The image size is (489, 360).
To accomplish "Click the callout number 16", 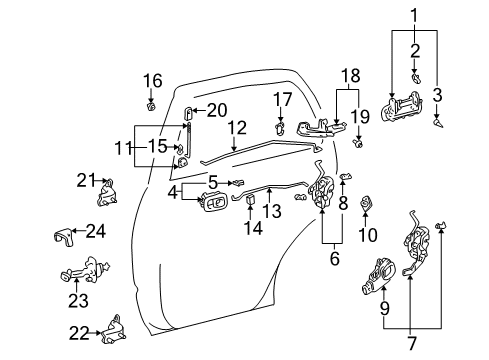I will pos(152,80).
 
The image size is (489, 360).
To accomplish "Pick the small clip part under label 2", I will pos(416,75).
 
